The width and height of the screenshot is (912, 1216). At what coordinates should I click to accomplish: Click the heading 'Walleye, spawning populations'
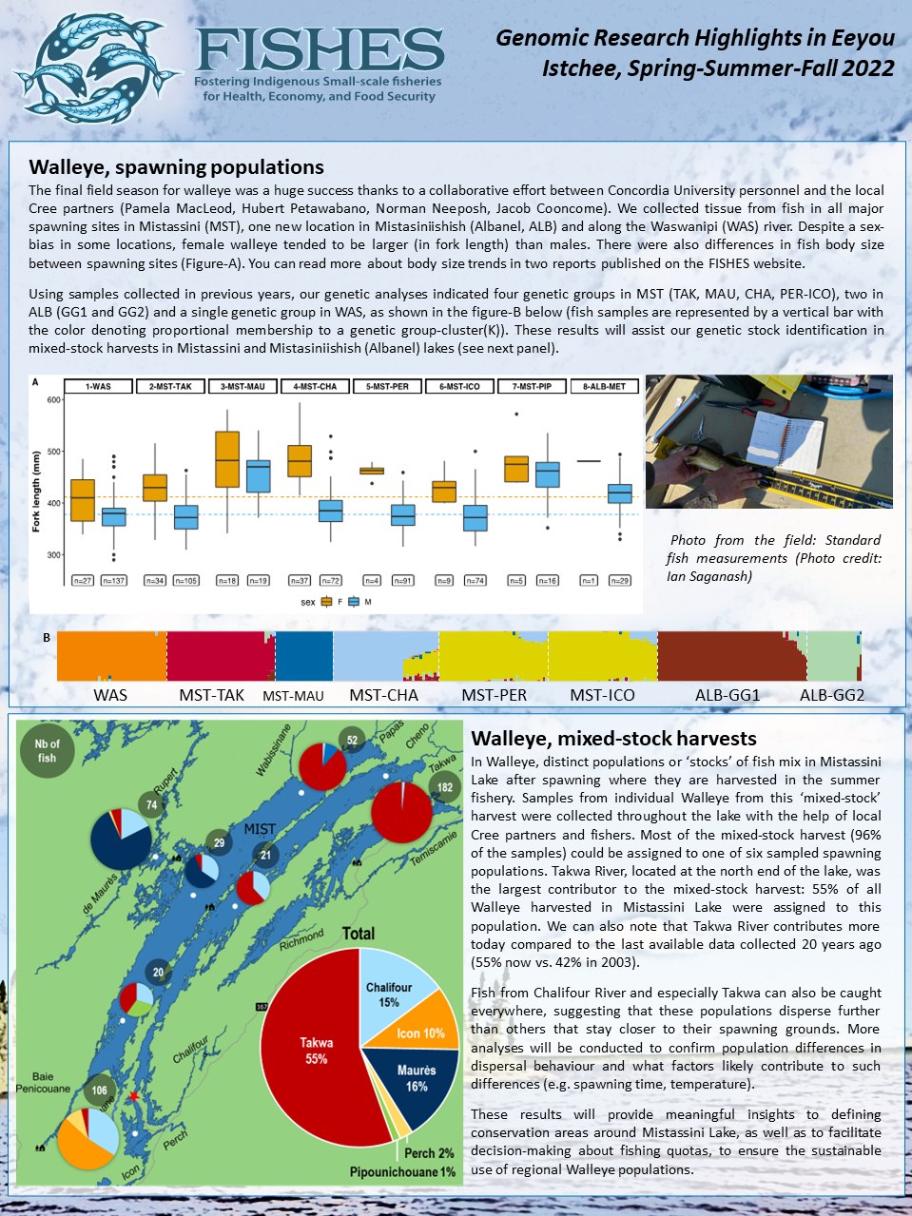[177, 167]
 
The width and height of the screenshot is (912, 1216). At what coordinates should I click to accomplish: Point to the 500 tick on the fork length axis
[54, 452]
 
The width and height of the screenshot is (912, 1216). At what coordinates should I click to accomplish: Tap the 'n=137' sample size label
[114, 580]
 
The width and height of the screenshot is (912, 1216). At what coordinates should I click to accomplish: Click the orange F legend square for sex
[325, 601]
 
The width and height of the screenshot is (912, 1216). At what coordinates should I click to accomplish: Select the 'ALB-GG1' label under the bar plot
[728, 695]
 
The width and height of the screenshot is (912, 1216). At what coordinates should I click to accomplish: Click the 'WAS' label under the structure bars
[110, 695]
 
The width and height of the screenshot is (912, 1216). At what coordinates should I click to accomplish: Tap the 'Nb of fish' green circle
[48, 751]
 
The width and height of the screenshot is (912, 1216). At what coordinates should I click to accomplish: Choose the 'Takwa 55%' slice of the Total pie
[316, 1051]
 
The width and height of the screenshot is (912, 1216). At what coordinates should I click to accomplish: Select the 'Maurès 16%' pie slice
[416, 1077]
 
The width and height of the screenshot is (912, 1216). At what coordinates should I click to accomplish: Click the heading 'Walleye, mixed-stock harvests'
[613, 738]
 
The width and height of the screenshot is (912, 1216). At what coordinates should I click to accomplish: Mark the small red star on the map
[134, 1096]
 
